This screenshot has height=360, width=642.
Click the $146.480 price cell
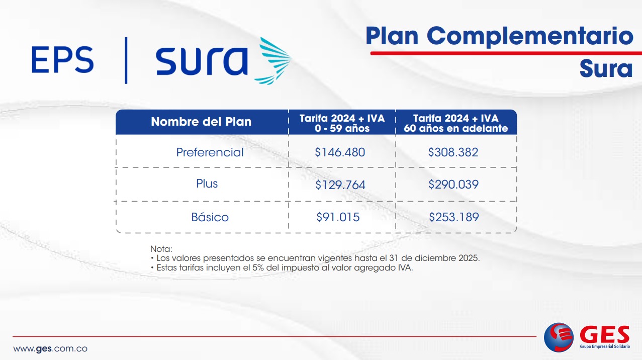pos(340,152)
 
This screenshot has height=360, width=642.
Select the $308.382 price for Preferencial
pos(453,152)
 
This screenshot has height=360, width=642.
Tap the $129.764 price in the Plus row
pos(340,185)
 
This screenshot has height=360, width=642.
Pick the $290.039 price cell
pos(453,185)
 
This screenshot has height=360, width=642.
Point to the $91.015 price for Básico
pos(338,217)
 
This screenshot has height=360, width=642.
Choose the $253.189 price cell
pos(453,217)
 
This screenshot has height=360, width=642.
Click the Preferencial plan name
pos(210,152)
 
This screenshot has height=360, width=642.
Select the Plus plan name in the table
pos(207,184)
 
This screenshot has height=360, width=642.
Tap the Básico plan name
pos(210,217)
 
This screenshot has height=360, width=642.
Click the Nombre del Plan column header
pos(201,122)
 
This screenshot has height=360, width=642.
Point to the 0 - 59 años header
pos(342,128)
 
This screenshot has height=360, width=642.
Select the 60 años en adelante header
pos(455,128)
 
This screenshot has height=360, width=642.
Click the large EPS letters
pos(62,60)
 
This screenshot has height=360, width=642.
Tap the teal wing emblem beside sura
pos(273,61)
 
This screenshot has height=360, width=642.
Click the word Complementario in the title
pos(530,36)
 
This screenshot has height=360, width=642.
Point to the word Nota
pos(161,249)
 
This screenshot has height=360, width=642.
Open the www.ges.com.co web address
pos(50,349)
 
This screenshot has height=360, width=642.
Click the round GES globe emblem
pos(559,337)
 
